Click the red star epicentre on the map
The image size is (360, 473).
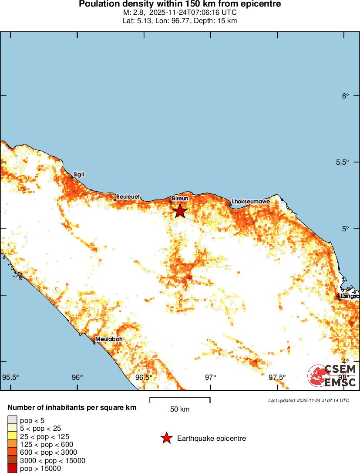click(x=180, y=211)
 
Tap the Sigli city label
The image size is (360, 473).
click(x=78, y=175)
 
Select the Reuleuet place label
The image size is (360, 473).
click(x=128, y=197)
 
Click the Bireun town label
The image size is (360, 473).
click(x=180, y=198)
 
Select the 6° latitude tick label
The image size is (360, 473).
click(x=345, y=96)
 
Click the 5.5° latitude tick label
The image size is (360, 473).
click(x=343, y=162)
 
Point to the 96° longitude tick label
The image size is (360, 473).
click(x=77, y=377)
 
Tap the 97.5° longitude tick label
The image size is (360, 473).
click(x=277, y=377)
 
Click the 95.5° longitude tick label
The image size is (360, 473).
click(x=11, y=377)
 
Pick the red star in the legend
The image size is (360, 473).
click(x=166, y=438)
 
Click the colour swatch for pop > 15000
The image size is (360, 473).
click(x=12, y=469)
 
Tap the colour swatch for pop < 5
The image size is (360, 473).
click(x=12, y=420)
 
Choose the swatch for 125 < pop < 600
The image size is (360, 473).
click(x=12, y=445)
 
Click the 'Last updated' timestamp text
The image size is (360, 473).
click(x=308, y=400)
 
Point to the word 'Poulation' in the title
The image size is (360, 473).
click(x=99, y=4)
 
